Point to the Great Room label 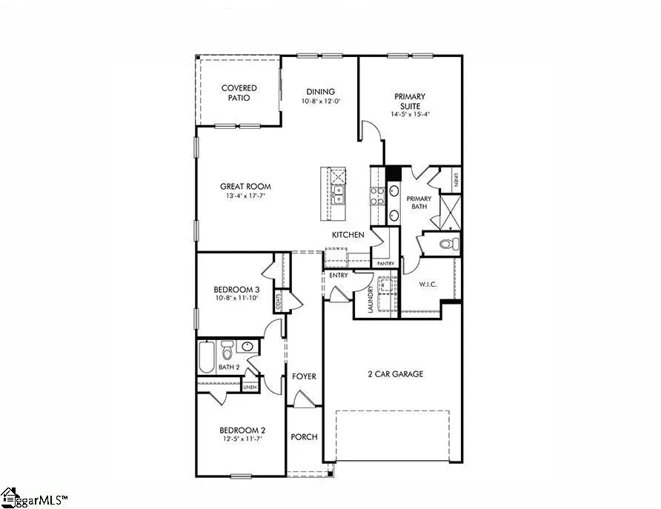pos(245,187)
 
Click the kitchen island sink pos(339,195)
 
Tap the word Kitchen pos(348,235)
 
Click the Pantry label pos(385,263)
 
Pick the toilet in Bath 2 pos(228,349)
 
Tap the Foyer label pos(304,376)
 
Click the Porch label pos(304,436)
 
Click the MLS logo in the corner pos(33,497)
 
